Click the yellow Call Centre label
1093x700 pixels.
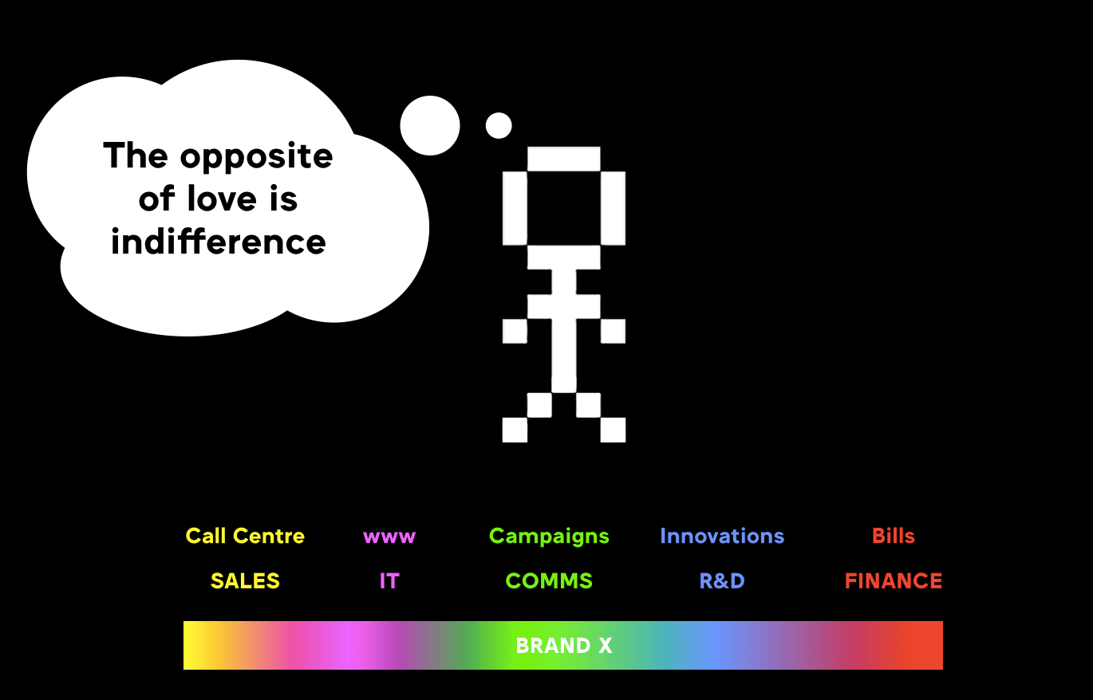[x=245, y=536]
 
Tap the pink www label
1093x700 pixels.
[x=389, y=537]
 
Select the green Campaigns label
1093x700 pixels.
[x=549, y=537]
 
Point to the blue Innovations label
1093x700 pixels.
[x=722, y=536]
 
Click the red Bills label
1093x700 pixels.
[x=894, y=536]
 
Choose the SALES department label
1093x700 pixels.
[x=245, y=580]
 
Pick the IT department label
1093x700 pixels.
[x=389, y=580]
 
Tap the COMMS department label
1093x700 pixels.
[x=549, y=580]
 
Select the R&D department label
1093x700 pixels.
[x=722, y=580]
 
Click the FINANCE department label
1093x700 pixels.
[x=894, y=580]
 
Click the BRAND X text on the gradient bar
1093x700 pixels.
[x=563, y=646]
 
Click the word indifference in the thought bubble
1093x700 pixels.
[x=218, y=242]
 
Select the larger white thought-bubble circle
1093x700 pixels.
[x=430, y=125]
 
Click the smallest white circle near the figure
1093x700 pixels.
[x=499, y=125]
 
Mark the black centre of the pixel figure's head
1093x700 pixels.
[x=564, y=208]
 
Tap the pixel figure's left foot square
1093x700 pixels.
[x=515, y=430]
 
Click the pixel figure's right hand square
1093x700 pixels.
[x=613, y=331]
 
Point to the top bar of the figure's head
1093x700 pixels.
[x=564, y=159]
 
